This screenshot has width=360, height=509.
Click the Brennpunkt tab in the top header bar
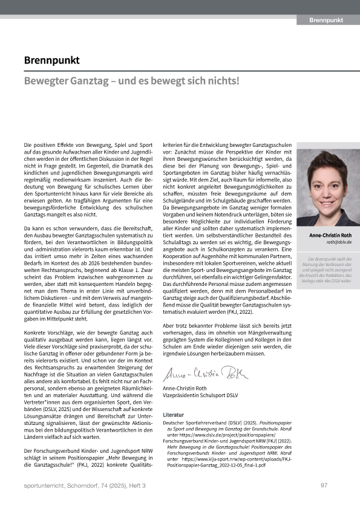[326, 20]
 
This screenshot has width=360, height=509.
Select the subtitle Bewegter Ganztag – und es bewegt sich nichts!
[132, 80]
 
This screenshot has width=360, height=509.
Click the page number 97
[324, 485]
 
